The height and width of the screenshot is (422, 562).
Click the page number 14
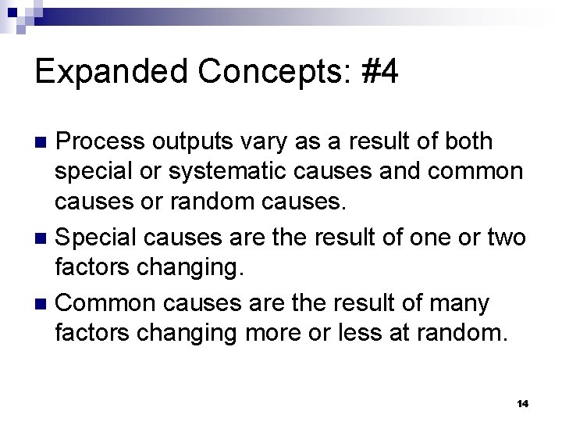coord(523,403)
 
